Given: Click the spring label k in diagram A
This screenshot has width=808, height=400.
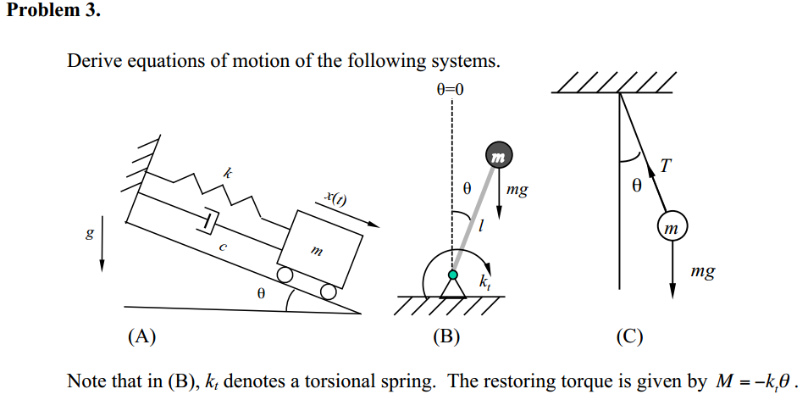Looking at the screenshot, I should (x=226, y=172).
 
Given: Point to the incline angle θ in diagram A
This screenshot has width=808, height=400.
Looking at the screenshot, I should (x=262, y=293).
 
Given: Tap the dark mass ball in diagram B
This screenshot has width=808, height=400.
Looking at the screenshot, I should (x=498, y=156).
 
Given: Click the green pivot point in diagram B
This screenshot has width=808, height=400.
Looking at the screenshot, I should (x=453, y=275).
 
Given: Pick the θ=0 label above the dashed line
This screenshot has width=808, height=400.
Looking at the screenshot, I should (x=451, y=89).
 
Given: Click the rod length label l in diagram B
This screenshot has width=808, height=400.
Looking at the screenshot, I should (x=480, y=227).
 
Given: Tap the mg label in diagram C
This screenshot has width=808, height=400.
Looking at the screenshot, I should (x=702, y=272).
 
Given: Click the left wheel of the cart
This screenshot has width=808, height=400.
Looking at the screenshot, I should (x=286, y=275).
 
